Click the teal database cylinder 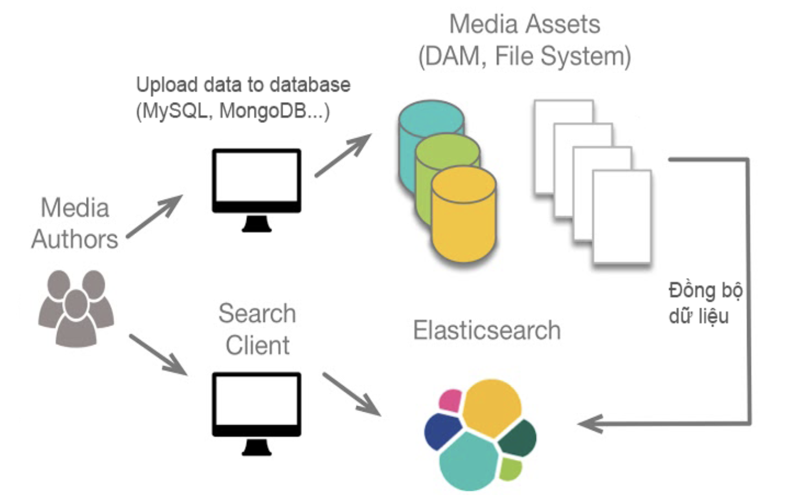[425, 121]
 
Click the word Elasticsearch [486, 330]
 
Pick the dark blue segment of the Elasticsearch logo [441, 430]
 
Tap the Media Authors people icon [76, 308]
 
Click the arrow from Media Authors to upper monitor [155, 216]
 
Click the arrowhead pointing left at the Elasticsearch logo [590, 423]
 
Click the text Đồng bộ [705, 291]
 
